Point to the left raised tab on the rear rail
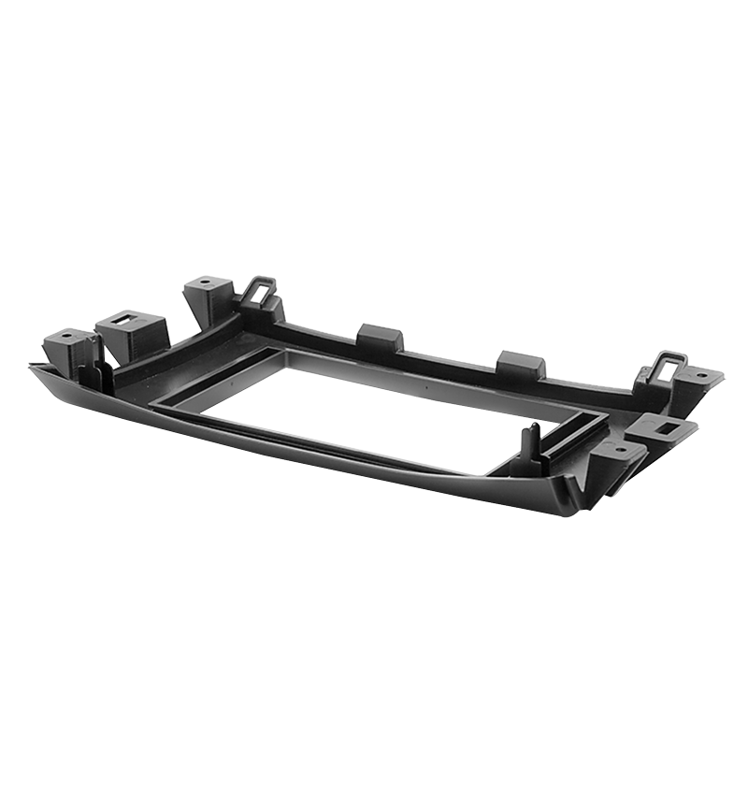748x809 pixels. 380,337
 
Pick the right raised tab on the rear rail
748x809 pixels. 521,364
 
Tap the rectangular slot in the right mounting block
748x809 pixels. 667,426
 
